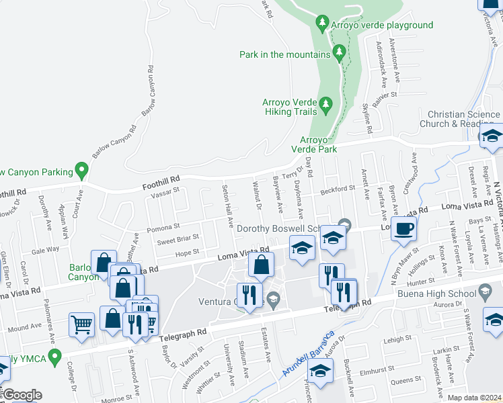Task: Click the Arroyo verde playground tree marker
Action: [323, 25]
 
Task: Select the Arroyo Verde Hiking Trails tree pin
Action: [326, 103]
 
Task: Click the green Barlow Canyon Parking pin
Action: [82, 171]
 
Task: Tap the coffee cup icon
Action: [403, 228]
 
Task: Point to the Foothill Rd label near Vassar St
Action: [161, 181]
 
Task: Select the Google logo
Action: [22, 395]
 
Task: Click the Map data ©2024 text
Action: [475, 398]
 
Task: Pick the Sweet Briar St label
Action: [178, 238]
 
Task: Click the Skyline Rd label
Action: [367, 118]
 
